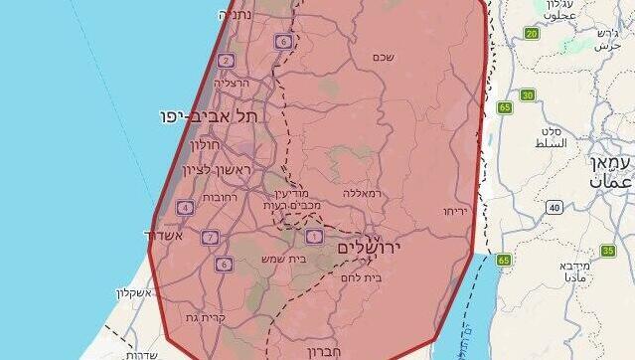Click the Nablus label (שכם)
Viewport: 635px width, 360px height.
point(384,57)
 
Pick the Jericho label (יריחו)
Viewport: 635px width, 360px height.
point(455,211)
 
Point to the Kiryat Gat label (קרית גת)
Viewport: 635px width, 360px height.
point(204,317)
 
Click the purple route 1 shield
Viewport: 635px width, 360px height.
point(314,236)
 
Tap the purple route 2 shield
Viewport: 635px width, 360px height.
point(227,61)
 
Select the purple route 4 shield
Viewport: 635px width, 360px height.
point(184,208)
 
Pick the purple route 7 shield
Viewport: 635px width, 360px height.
point(209,238)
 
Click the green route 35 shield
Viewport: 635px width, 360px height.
point(608,251)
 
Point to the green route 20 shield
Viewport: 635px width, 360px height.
point(532,34)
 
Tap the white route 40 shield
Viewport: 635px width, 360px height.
point(554,207)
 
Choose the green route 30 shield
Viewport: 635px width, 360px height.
point(527,95)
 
